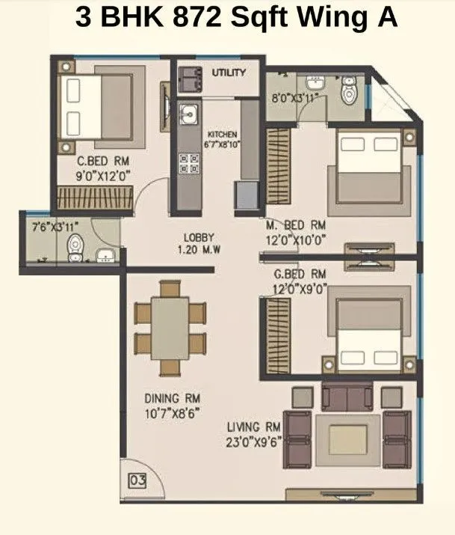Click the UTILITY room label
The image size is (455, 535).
click(229, 73)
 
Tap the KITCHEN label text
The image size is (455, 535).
click(222, 135)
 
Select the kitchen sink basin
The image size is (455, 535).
click(188, 114)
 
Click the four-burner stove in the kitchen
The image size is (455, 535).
click(188, 163)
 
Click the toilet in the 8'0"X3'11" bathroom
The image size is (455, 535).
click(347, 92)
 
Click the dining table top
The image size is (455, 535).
click(170, 327)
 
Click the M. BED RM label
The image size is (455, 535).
click(297, 225)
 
